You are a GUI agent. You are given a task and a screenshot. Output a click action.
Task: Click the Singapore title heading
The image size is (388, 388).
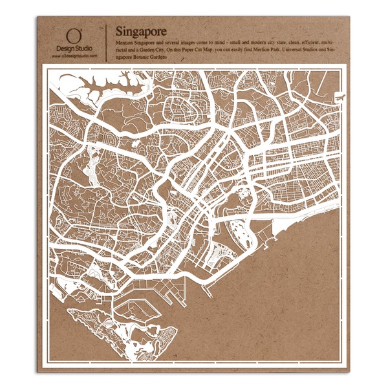pyautogui.click(x=140, y=31)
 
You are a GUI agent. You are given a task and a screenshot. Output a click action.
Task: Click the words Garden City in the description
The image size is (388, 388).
pyautogui.click(x=157, y=48)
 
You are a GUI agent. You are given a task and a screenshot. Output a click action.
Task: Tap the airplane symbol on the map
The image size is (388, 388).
pyautogui.click(x=338, y=98)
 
